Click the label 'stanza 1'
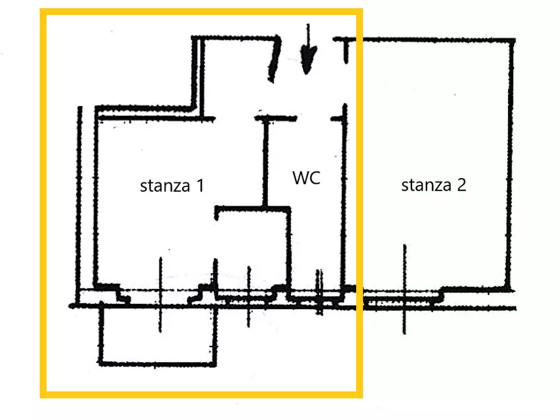[x=172, y=186]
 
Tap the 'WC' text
[x=306, y=177]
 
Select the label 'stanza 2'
[x=433, y=185]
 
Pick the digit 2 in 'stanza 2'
[x=462, y=185]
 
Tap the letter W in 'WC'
[x=301, y=177]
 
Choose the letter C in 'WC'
[x=315, y=178]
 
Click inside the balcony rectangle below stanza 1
[x=158, y=336]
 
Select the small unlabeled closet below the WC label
[x=252, y=249]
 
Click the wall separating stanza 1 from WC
[x=265, y=162]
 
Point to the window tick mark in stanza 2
[x=404, y=289]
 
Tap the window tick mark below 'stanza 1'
[x=161, y=295]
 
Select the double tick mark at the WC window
[x=319, y=292]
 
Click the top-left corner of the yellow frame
[x=43, y=11]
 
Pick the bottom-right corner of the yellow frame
[x=360, y=395]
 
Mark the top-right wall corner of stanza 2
[x=512, y=40]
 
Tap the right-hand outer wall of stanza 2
[x=510, y=164]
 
